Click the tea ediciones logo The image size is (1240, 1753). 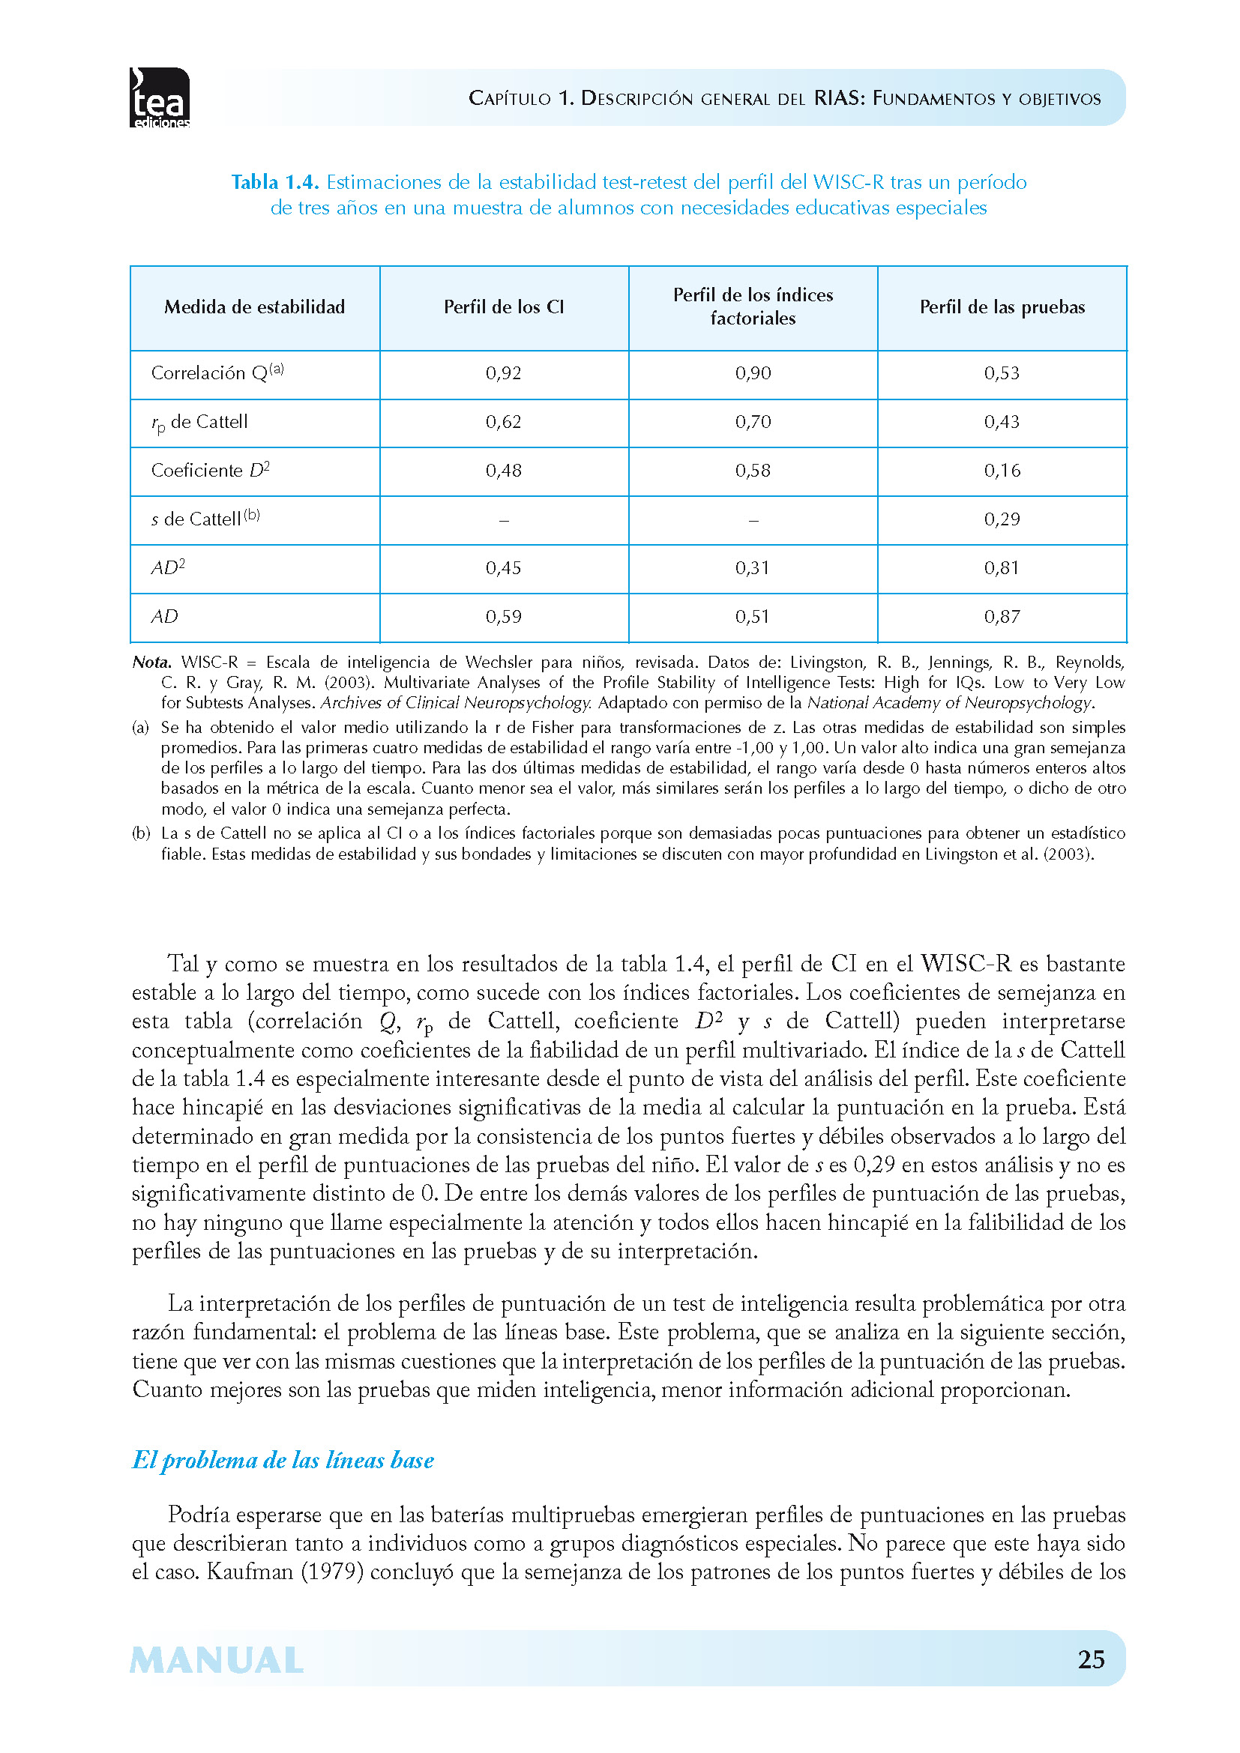(160, 97)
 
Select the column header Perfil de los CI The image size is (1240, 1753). (503, 307)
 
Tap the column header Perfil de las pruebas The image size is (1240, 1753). (1002, 307)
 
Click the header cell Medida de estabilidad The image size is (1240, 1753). (254, 307)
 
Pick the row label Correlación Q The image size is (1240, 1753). (217, 372)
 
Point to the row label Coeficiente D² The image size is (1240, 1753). (210, 471)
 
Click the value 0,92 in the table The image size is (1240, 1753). (503, 373)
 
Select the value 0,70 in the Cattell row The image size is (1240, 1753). (753, 422)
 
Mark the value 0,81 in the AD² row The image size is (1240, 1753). (1002, 568)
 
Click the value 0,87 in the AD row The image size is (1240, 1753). (1002, 617)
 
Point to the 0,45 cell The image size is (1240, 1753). (503, 568)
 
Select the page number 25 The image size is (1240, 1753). (1091, 1659)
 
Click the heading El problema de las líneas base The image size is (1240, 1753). (283, 1460)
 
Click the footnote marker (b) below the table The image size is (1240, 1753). (141, 833)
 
